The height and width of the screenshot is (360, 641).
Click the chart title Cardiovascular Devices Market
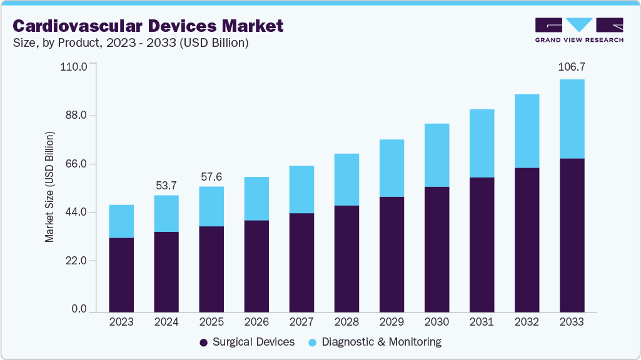click(148, 26)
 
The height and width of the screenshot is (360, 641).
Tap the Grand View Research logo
click(579, 30)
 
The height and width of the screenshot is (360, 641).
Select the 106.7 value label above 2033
click(572, 67)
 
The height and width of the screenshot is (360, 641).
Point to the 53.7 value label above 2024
click(166, 186)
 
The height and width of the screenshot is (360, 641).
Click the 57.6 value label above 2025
click(211, 177)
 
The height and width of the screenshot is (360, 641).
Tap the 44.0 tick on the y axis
click(76, 212)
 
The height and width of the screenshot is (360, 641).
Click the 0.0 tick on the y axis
click(78, 309)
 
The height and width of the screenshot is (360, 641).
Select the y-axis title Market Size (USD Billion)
click(49, 187)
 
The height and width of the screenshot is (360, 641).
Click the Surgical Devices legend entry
click(246, 342)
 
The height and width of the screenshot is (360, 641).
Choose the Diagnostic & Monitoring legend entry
click(375, 342)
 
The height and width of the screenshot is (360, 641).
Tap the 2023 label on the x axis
click(121, 322)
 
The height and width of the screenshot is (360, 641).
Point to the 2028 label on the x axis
click(346, 322)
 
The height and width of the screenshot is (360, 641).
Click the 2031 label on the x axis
click(482, 322)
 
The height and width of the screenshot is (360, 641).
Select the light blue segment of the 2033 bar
click(572, 119)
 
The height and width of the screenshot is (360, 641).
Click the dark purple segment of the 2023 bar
click(121, 275)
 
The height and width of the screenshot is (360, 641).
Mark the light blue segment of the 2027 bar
click(301, 189)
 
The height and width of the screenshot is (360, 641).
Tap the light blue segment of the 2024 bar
click(166, 213)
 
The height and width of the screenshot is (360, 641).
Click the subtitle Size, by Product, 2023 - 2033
click(131, 43)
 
